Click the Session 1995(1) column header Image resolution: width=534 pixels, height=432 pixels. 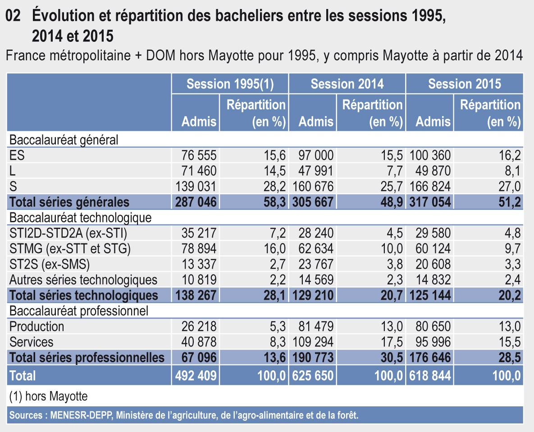[x=230, y=84]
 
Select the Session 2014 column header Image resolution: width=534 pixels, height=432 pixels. [x=347, y=84]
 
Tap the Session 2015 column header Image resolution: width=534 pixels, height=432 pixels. [x=465, y=84]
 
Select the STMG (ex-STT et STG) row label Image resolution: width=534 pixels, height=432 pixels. [x=67, y=248]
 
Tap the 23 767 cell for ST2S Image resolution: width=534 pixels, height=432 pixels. [x=316, y=264]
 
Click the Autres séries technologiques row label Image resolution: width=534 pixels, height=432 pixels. [x=84, y=279]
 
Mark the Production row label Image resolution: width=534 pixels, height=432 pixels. [x=37, y=326]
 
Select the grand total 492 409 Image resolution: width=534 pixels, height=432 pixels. [x=195, y=375]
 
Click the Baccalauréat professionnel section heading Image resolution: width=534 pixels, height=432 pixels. [x=79, y=310]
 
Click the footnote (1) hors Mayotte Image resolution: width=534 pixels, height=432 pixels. [x=48, y=396]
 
